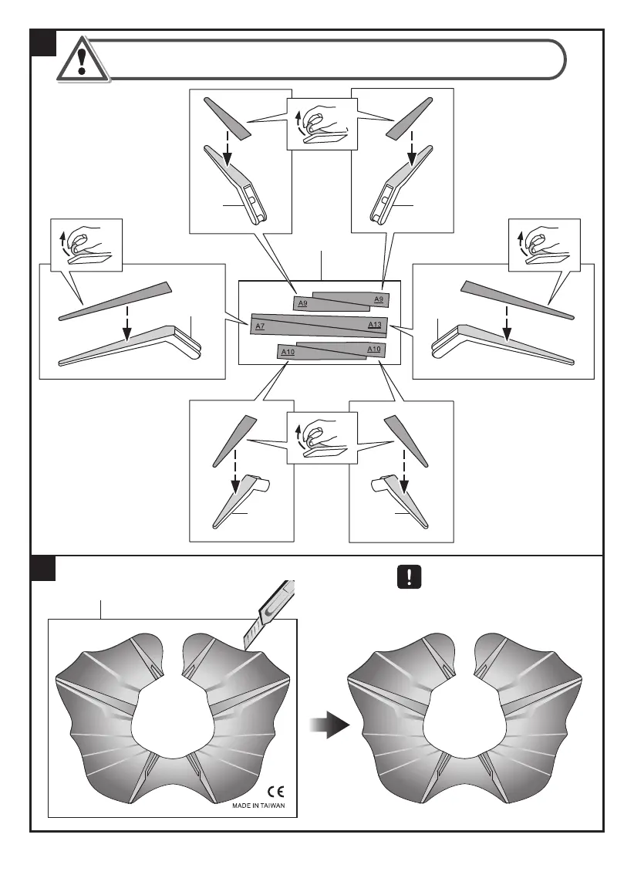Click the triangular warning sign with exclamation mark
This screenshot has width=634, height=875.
coord(82,58)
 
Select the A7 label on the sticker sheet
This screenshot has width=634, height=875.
coord(260,326)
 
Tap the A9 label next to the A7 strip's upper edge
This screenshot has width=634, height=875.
coord(302,304)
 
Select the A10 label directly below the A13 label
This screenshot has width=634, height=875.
coord(374,350)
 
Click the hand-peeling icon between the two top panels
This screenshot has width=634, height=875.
coord(319,124)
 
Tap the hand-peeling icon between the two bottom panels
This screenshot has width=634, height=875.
coord(321,437)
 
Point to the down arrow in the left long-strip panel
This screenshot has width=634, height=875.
coord(127,325)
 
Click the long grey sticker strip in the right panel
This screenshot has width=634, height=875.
coord(517,298)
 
